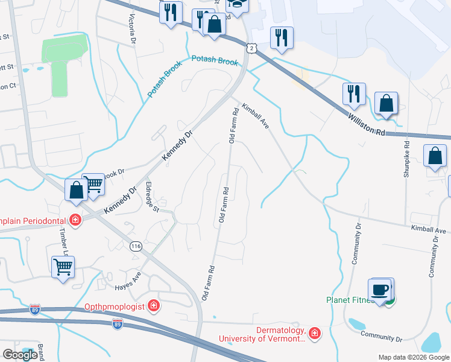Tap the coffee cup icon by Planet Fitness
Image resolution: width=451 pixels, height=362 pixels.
pyautogui.click(x=380, y=290)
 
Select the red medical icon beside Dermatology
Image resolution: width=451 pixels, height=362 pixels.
pyautogui.click(x=314, y=333)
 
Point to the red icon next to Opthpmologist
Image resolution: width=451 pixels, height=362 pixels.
pyautogui.click(x=154, y=306)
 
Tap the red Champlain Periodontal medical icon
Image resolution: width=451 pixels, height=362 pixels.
pyautogui.click(x=75, y=220)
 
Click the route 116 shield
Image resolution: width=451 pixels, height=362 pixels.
pyautogui.click(x=136, y=246)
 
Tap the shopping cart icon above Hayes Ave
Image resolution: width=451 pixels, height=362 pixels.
pyautogui.click(x=63, y=266)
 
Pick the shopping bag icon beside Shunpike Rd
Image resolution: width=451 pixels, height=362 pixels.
pyautogui.click(x=435, y=156)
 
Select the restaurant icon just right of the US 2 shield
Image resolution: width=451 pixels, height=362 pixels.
pyautogui.click(x=282, y=37)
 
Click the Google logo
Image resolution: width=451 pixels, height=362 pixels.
pyautogui.click(x=19, y=354)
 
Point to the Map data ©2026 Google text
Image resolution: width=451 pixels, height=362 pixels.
pyautogui.click(x=414, y=357)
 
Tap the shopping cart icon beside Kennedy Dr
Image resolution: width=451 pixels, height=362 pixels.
pyautogui.click(x=93, y=184)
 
